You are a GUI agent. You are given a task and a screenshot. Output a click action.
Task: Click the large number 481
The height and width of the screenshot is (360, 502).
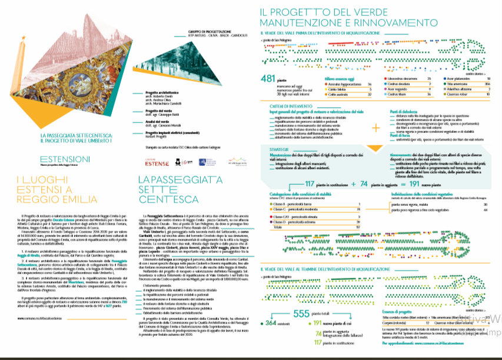[x=268, y=79]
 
